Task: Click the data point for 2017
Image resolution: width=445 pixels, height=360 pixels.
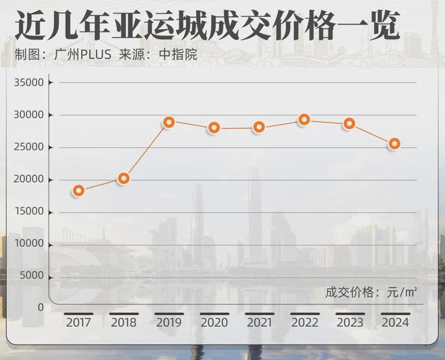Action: click(79, 191)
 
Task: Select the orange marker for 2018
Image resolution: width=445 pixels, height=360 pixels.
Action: click(123, 179)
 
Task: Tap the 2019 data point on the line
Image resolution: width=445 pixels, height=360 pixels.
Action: click(169, 122)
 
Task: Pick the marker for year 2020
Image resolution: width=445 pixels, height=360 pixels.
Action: click(214, 127)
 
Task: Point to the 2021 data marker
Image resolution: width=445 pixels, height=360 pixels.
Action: click(259, 127)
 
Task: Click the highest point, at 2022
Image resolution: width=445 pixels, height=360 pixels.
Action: click(304, 119)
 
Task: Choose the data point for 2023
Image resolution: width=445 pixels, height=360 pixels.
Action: click(349, 123)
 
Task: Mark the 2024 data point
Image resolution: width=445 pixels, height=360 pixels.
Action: click(394, 144)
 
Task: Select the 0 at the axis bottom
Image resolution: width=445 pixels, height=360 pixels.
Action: click(40, 307)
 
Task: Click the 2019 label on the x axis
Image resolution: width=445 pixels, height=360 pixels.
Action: click(169, 323)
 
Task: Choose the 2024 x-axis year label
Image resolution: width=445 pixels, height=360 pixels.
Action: click(394, 323)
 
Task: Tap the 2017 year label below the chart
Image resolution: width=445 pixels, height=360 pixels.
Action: click(79, 323)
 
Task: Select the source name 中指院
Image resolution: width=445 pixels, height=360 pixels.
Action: click(181, 55)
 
